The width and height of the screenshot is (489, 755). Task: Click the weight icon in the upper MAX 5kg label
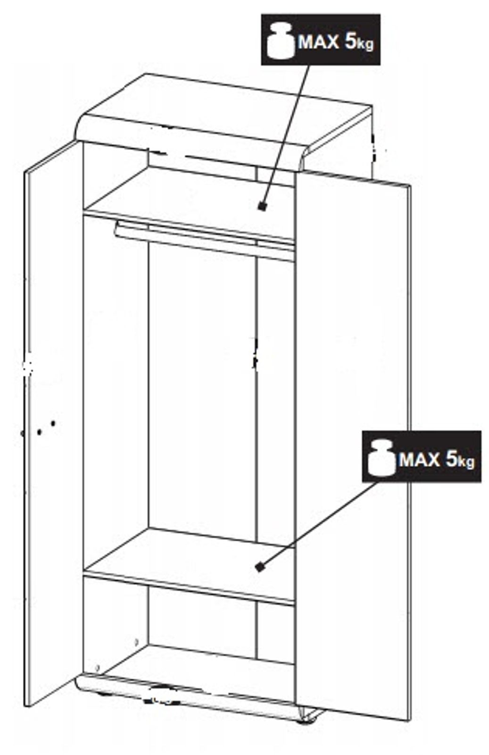(x=280, y=41)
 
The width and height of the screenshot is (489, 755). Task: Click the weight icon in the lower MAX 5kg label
(x=381, y=458)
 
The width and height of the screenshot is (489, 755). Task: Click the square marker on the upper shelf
(x=262, y=206)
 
